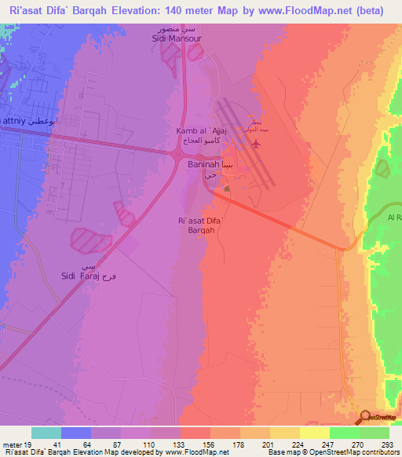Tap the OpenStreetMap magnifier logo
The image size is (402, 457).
(365, 417)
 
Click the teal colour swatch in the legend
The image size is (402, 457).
(46, 433)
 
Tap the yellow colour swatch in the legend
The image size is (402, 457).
(314, 433)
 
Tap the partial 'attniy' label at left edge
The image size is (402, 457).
(16, 122)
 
